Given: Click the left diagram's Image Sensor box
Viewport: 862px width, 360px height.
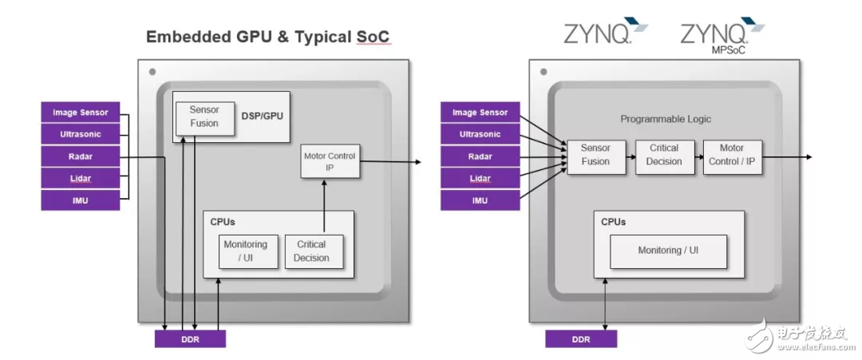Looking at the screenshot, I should tap(80, 113).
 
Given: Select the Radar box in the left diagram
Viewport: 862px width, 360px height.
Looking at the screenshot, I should tap(80, 156).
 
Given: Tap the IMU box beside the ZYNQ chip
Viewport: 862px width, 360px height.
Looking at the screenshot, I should tap(480, 200).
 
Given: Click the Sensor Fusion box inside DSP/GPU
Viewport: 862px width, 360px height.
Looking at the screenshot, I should tap(204, 117).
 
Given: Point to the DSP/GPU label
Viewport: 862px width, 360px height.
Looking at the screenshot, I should tap(262, 116).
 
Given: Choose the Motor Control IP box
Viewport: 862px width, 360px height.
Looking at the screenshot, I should tap(330, 161).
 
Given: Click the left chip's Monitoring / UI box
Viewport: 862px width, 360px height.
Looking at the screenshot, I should tap(245, 251).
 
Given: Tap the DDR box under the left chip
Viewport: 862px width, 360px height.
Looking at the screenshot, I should tap(190, 338).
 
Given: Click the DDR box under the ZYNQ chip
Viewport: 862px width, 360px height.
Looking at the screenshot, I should tap(581, 338).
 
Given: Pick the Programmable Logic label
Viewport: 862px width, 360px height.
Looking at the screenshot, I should tap(666, 119).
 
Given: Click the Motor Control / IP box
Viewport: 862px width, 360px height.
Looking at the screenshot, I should tap(732, 155).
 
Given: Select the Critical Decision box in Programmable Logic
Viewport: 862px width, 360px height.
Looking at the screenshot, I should tap(664, 155).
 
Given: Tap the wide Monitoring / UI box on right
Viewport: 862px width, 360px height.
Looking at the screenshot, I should tap(668, 251).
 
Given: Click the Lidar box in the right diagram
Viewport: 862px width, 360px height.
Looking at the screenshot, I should tap(480, 178).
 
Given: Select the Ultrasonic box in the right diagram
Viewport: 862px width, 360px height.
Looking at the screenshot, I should tap(480, 134).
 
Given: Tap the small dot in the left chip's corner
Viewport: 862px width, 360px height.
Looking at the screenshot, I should tap(152, 72).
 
